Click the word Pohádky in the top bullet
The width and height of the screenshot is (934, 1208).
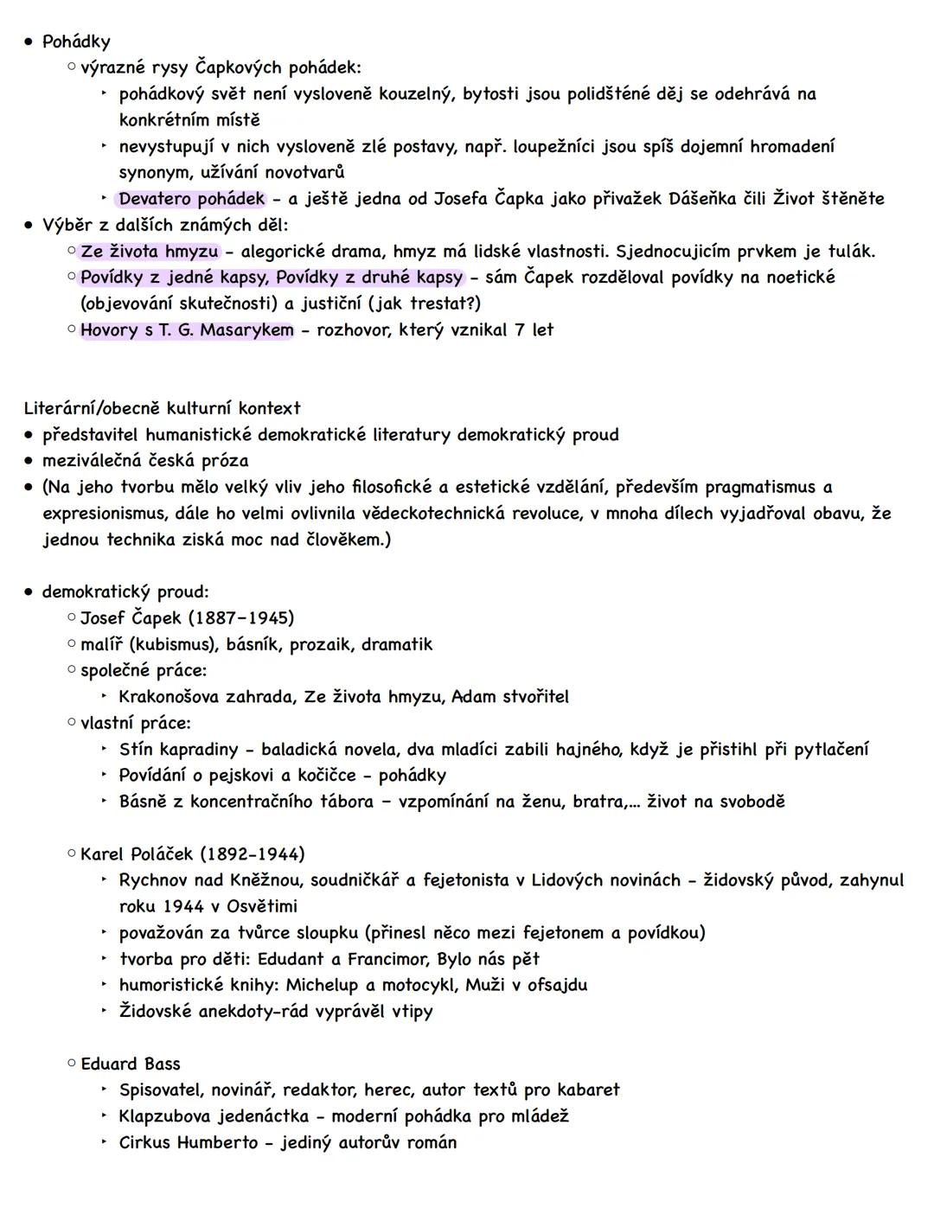[76, 42]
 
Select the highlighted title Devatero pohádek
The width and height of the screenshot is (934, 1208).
[191, 199]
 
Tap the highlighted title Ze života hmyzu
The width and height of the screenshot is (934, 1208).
[149, 252]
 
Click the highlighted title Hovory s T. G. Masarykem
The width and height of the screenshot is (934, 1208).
[187, 330]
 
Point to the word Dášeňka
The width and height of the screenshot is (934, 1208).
[702, 199]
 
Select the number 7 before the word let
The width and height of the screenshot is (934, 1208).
[519, 330]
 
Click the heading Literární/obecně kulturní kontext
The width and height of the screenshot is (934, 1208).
[163, 408]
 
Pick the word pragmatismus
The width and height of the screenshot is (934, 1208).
[758, 487]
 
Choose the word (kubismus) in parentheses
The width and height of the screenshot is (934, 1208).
[173, 644]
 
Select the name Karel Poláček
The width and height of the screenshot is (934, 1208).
[136, 854]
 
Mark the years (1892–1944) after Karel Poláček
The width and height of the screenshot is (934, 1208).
[253, 854]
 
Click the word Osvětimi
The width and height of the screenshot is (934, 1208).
[262, 906]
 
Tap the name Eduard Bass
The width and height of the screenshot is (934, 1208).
[131, 1064]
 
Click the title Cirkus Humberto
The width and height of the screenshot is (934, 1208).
[189, 1142]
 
